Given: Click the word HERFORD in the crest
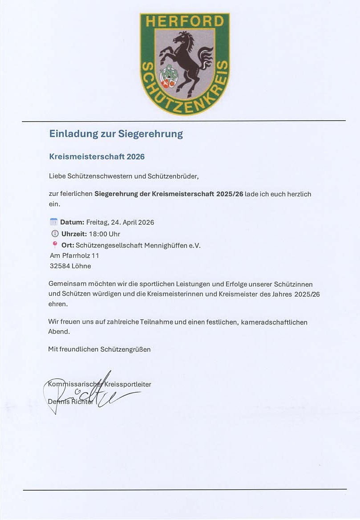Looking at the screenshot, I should (185, 21).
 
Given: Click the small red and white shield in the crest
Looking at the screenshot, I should (166, 83).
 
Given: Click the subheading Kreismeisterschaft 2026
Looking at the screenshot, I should (97, 157).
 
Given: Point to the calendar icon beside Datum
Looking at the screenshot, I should (54, 222).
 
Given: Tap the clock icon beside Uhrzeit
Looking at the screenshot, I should (55, 234).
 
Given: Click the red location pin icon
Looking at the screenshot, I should (55, 244).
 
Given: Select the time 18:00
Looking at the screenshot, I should (98, 234).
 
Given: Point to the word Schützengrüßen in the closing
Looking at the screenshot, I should (124, 349).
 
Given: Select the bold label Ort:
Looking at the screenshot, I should (68, 245).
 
